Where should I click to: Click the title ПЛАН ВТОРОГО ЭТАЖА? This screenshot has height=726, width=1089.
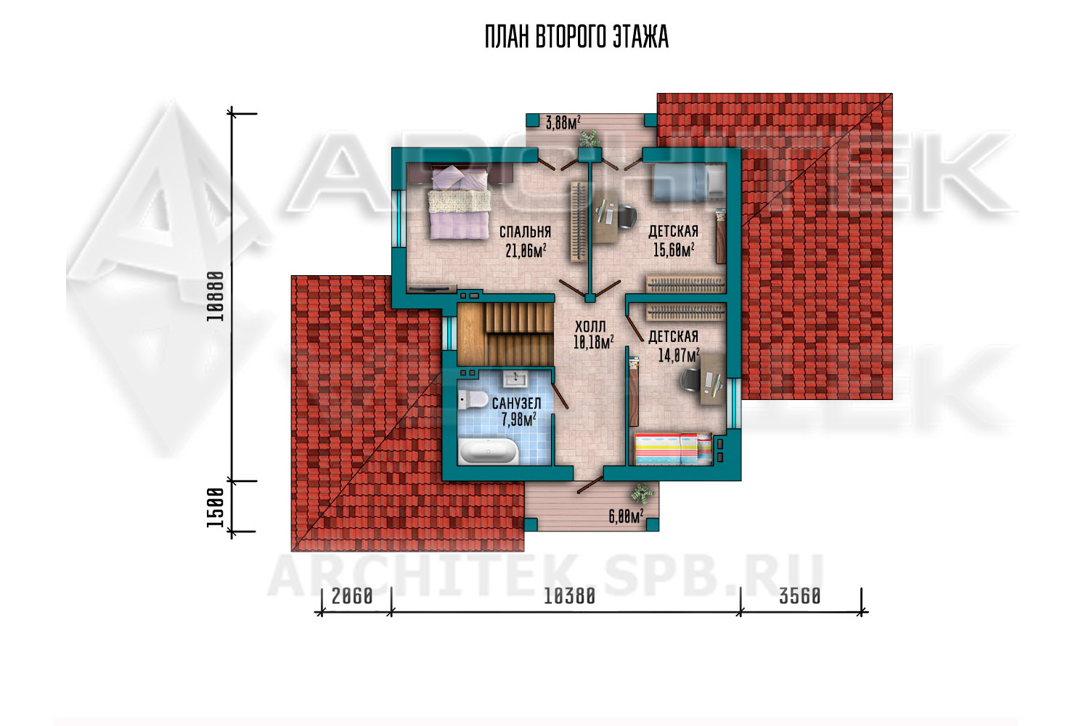[x=576, y=37]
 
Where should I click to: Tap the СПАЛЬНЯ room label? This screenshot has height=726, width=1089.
[x=525, y=232]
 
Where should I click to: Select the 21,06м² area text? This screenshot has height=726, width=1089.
[x=526, y=250]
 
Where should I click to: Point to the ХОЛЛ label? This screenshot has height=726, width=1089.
[x=590, y=326]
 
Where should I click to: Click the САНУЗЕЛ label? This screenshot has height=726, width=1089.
[x=516, y=403]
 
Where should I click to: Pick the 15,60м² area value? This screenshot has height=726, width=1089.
[x=673, y=250]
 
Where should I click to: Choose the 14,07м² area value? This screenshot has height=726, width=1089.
[x=679, y=355]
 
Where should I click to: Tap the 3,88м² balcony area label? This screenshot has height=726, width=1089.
[x=563, y=122]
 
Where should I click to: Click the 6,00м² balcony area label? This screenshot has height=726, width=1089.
[x=626, y=516]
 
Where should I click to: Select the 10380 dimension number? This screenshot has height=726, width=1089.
[x=569, y=597]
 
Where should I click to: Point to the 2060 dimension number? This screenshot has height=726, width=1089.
[x=352, y=597]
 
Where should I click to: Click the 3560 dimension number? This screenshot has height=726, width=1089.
[x=800, y=597]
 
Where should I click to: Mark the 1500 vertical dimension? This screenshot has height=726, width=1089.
[x=216, y=507]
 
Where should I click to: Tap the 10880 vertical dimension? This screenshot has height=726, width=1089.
[x=216, y=296]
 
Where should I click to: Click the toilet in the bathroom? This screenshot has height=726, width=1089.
[x=473, y=400]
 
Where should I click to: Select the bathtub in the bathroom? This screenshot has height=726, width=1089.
[x=488, y=452]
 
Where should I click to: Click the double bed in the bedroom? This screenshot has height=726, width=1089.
[x=459, y=203]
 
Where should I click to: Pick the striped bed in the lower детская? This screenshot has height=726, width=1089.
[x=673, y=449]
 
